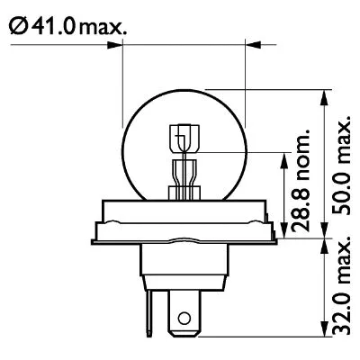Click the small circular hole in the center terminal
click(185, 317)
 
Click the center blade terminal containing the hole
click(184, 310)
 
